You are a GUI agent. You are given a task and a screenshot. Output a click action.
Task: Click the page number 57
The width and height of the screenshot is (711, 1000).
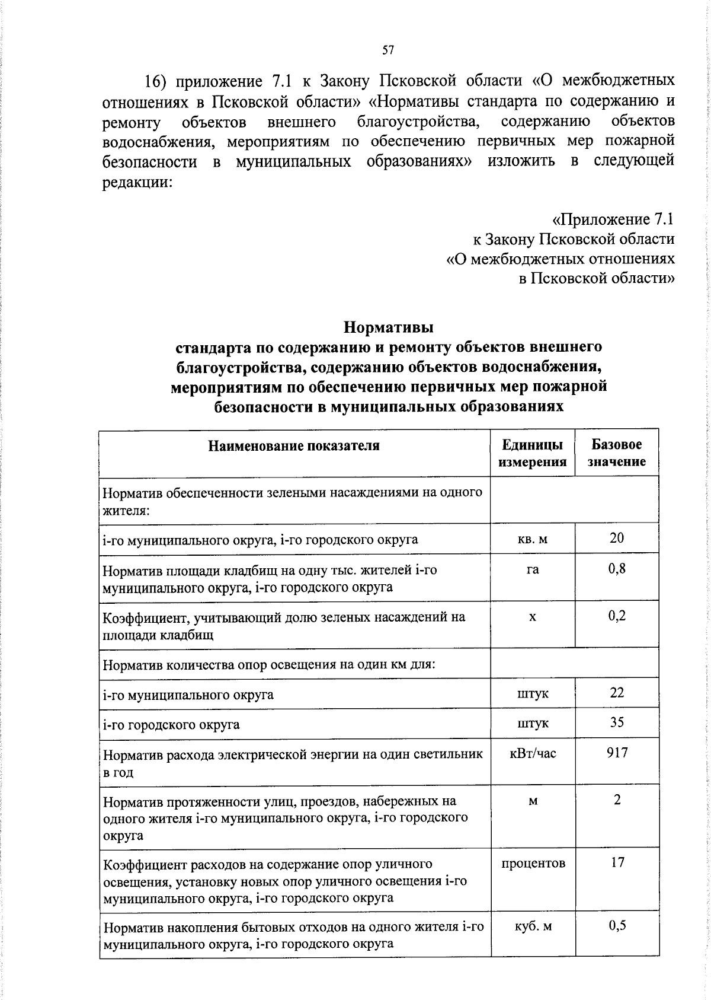coord(388,50)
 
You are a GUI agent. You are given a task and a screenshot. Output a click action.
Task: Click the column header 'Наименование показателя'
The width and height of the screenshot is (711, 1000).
coord(294,445)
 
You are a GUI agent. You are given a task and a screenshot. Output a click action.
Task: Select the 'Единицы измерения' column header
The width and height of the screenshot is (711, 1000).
coord(532,453)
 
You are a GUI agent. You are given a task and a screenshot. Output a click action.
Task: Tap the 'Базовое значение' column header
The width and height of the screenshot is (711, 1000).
coord(616,453)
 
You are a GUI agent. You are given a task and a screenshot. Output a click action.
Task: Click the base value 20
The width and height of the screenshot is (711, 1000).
coord(617,538)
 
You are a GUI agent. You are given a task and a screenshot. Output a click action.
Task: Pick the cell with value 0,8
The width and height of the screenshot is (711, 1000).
coord(617,569)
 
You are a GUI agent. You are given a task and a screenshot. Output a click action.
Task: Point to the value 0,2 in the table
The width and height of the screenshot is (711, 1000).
coord(617,616)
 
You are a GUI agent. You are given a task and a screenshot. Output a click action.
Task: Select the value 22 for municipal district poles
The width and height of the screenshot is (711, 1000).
coord(617,693)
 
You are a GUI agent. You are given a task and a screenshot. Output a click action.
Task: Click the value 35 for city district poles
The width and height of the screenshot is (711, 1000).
coord(617,722)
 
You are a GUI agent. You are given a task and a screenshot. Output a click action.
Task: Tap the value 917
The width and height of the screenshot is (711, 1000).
coord(617,753)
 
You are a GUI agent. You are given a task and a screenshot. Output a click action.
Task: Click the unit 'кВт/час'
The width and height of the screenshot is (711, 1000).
coord(533,753)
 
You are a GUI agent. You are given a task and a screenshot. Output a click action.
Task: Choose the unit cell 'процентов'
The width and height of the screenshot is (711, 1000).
coord(533,863)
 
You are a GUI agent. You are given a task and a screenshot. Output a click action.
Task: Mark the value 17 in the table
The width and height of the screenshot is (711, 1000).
coord(617,862)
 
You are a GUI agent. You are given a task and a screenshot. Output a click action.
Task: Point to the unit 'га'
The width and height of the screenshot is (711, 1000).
coord(533,569)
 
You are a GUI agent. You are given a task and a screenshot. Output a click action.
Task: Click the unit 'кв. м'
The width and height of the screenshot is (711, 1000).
coord(533,539)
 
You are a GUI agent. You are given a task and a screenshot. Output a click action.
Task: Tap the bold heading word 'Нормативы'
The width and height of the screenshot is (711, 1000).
coord(389,327)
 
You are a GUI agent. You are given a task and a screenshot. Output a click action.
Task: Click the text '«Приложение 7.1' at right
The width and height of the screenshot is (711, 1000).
coord(613,219)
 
